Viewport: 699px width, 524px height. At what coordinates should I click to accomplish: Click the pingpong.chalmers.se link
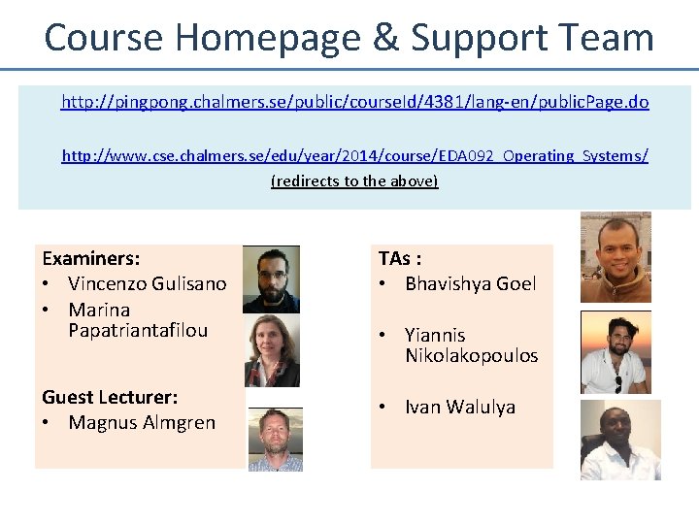click(354, 101)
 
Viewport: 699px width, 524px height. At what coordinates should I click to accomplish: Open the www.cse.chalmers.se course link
click(354, 155)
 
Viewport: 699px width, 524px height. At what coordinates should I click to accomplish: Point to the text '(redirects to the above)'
click(354, 181)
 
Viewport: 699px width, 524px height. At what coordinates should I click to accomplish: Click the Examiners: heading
click(91, 259)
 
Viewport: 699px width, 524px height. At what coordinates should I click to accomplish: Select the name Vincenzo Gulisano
click(147, 283)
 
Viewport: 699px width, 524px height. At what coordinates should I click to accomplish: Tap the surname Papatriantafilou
click(138, 330)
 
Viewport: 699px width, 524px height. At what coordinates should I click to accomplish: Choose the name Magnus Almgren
click(142, 422)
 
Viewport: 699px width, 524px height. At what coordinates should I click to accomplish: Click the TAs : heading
click(399, 259)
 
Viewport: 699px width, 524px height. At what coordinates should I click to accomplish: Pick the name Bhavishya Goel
click(470, 283)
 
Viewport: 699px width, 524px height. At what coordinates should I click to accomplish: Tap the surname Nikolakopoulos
click(471, 355)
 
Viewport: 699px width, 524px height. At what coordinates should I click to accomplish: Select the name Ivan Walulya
click(459, 407)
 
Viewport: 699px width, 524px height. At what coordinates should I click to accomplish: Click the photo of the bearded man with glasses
click(271, 278)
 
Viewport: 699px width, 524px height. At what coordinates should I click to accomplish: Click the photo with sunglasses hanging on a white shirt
click(616, 351)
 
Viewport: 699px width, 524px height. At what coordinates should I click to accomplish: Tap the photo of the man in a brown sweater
click(616, 257)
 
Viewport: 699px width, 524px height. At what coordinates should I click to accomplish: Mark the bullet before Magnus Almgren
click(47, 422)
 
